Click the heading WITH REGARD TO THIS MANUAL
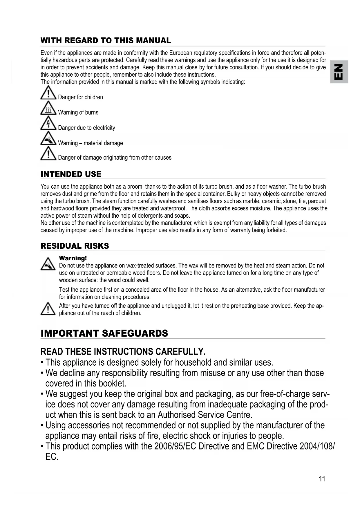(106, 40)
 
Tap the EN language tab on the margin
(339, 71)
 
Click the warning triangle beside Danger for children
(48, 93)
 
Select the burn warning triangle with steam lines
(48, 108)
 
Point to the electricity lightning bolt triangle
(48, 123)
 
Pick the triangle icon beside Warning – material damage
(48, 138)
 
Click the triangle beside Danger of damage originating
(48, 154)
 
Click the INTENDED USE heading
(71, 174)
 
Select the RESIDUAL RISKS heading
(75, 246)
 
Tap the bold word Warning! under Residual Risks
(73, 258)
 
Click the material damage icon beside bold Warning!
(48, 264)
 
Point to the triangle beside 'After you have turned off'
(48, 308)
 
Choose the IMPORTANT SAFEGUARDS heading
(104, 333)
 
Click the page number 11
(322, 479)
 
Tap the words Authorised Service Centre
(205, 415)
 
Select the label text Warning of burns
(78, 112)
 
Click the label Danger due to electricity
(86, 128)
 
